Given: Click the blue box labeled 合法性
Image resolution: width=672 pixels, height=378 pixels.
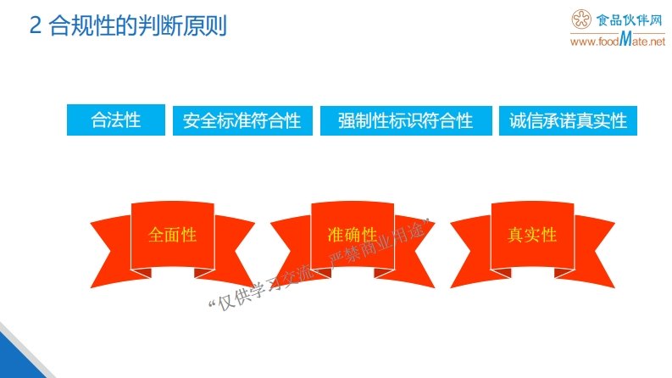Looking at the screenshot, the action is pos(116,120).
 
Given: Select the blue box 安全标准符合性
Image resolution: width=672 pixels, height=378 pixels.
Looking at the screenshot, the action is pos(242,120).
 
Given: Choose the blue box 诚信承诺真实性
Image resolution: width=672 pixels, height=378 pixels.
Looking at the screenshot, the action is pos(568,120).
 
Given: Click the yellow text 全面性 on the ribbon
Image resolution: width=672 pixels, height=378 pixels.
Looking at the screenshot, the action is pos(172,235).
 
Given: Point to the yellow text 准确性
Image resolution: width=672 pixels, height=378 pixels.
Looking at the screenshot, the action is pos(352,235).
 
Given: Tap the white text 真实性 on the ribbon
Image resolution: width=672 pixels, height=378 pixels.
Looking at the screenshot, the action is pos(531,235).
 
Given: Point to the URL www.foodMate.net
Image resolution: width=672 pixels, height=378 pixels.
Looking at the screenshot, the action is pos(618,41).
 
